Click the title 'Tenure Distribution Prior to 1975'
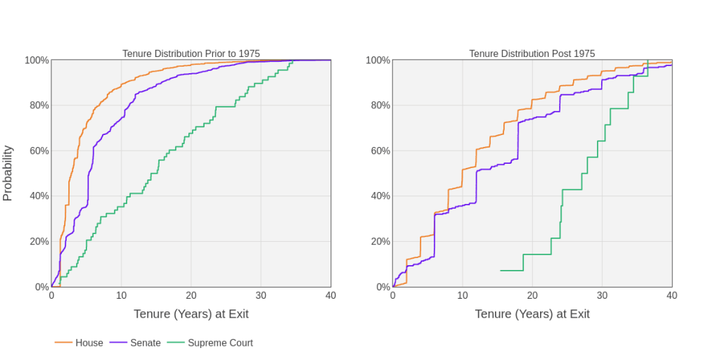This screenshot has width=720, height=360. (x=191, y=53)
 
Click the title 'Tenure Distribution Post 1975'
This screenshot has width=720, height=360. (x=532, y=53)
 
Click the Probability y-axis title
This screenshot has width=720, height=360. (x=8, y=173)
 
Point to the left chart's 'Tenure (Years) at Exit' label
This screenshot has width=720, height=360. (x=191, y=314)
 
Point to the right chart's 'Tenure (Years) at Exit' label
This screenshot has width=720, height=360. (x=532, y=314)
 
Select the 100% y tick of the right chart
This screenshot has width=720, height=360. (x=378, y=60)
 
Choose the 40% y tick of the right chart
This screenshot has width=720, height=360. (x=380, y=196)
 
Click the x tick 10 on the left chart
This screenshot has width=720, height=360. (x=121, y=295)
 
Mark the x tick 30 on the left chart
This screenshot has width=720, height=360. (x=261, y=295)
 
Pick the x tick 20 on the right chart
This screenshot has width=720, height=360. (x=532, y=295)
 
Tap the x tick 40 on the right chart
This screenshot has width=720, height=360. (x=672, y=295)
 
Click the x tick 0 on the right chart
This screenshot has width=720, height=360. (x=392, y=295)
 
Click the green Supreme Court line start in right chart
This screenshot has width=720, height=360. (x=501, y=270)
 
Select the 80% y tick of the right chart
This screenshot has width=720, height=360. (x=380, y=105)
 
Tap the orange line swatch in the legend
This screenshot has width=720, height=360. (x=63, y=343)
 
